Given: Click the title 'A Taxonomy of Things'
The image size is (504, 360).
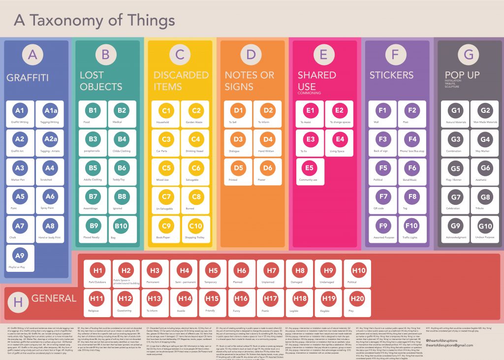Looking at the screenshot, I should [x=94, y=20].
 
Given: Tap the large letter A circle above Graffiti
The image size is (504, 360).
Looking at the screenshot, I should [x=32, y=55].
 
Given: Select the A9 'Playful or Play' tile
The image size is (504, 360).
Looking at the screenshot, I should [x=20, y=259].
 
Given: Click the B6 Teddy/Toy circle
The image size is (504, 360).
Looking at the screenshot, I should [x=122, y=168].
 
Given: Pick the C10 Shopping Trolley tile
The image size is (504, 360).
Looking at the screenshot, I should [x=195, y=230].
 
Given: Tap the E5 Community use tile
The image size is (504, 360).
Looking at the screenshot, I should [x=309, y=171].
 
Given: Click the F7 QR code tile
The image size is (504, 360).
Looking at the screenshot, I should [x=382, y=200].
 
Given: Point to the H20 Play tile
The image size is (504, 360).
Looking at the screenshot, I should [x=358, y=302].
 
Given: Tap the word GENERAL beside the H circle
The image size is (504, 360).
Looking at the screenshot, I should [x=54, y=298].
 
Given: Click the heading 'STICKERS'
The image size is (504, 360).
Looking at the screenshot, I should [x=391, y=75].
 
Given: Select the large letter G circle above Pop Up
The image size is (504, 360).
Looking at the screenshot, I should [x=469, y=55].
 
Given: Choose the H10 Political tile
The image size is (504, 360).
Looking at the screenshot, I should [x=358, y=274].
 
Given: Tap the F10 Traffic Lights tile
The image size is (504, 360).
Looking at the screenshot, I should [x=411, y=230].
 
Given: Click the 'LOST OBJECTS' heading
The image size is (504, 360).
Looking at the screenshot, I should [x=101, y=81].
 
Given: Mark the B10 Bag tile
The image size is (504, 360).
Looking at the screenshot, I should [x=122, y=230].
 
